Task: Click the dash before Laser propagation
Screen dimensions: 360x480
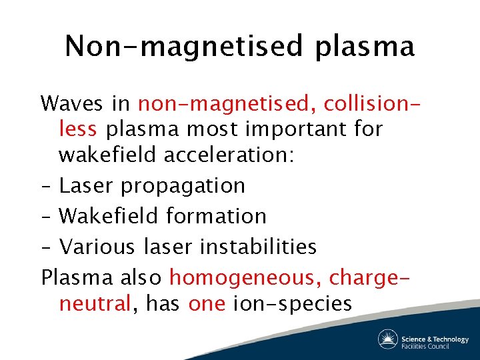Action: [45, 185]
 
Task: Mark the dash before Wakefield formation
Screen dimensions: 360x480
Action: [45, 216]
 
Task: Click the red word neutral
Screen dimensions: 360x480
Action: [94, 304]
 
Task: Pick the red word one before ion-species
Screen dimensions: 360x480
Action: [207, 304]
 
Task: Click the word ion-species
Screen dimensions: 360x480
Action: [292, 305]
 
